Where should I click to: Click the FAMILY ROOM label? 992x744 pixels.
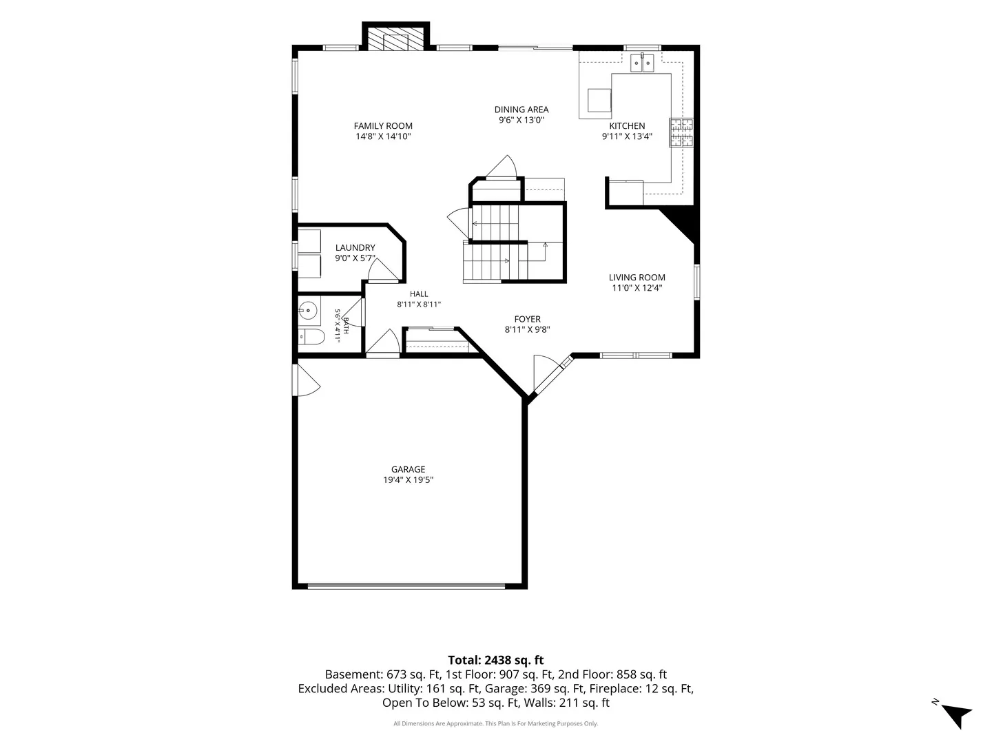383,125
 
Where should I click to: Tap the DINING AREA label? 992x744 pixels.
521,110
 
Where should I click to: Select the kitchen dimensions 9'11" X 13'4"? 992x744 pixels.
626,136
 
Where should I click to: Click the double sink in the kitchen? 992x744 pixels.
642,63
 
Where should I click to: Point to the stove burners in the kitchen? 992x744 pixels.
681,132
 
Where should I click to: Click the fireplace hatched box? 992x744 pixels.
395,39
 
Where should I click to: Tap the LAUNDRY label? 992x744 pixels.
355,247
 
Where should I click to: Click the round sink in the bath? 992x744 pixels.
309,310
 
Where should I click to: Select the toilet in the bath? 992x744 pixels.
311,337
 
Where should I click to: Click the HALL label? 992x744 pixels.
418,293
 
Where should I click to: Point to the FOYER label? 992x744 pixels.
527,319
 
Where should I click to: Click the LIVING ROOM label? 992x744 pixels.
637,278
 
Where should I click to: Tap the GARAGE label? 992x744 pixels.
408,469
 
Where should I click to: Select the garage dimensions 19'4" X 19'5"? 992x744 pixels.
408,479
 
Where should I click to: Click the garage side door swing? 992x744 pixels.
307,380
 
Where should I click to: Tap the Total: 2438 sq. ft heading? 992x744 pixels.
495,660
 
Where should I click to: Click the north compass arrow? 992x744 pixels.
957,715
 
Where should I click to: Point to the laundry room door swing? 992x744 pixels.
383,270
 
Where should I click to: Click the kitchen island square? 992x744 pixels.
599,100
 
